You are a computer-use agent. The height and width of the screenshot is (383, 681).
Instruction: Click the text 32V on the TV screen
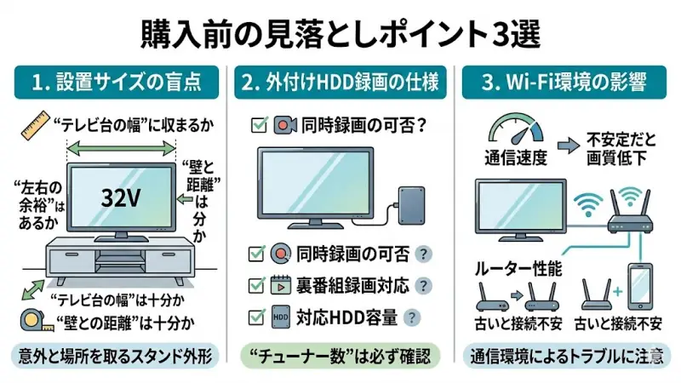pyautogui.click(x=121, y=197)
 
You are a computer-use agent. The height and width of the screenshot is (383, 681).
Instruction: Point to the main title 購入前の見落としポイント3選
pyautogui.click(x=340, y=36)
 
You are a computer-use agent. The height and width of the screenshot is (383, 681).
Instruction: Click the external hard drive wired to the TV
pyautogui.click(x=415, y=204)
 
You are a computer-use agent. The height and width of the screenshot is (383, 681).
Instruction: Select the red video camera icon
pyautogui.click(x=283, y=125)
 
